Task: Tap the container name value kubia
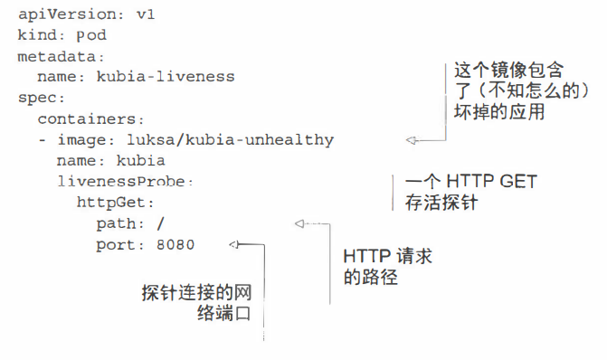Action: click(140, 160)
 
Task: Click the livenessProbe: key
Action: click(125, 181)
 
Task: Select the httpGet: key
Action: click(115, 202)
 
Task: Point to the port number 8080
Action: click(175, 244)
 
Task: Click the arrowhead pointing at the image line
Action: click(411, 140)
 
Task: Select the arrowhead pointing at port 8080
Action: click(234, 244)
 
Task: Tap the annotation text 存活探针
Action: click(441, 203)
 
